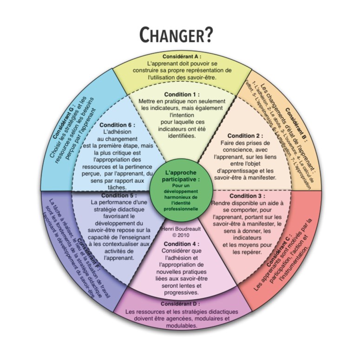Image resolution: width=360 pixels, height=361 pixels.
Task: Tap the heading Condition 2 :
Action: (x=245, y=135)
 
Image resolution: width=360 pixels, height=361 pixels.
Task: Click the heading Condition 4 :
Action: (x=182, y=243)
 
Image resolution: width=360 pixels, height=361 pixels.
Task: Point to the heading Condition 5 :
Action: (x=113, y=195)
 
